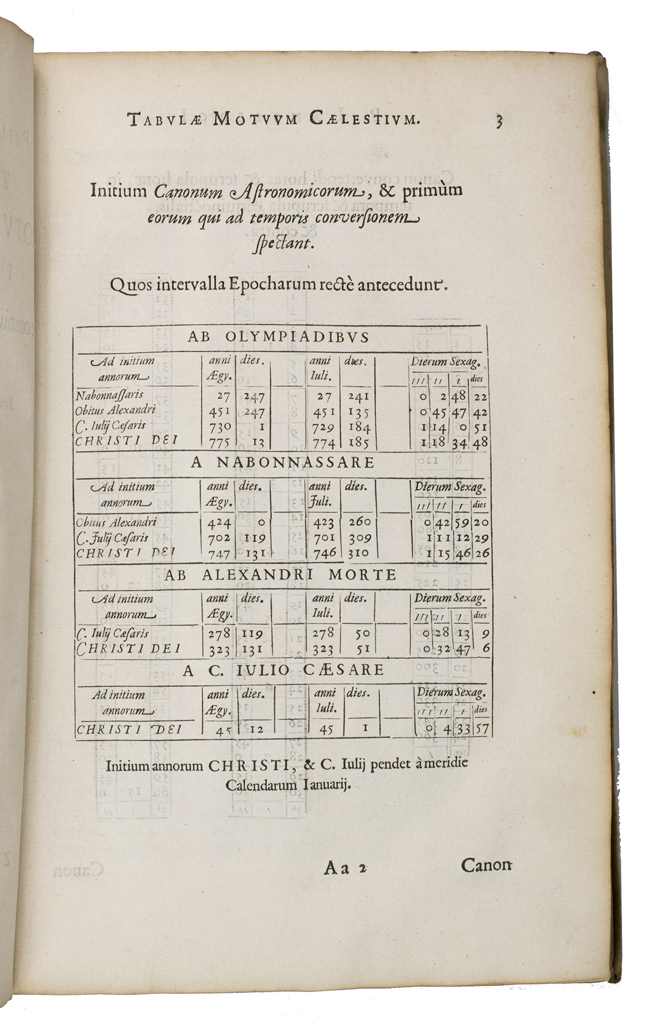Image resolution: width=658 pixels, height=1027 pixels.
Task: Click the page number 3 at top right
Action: coord(499,120)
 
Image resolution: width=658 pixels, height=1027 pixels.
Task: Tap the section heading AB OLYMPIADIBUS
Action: coord(278,337)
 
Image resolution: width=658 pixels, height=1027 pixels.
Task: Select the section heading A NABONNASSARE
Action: coord(282,462)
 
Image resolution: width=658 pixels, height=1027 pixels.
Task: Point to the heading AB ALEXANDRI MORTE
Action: coord(280,575)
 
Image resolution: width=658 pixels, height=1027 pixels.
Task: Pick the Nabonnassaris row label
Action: coord(110,395)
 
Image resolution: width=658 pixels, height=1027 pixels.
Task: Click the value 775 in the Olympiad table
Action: coord(219,442)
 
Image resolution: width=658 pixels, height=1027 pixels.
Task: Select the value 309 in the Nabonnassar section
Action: coord(358,538)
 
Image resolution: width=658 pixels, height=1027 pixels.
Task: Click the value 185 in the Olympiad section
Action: coord(358,442)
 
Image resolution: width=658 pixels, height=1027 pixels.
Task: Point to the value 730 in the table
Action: coord(219,427)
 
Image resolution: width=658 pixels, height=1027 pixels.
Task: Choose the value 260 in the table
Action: coord(358,522)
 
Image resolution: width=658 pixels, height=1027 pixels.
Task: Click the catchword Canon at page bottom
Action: coord(486,865)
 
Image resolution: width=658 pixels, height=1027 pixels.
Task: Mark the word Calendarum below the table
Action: coord(261,785)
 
